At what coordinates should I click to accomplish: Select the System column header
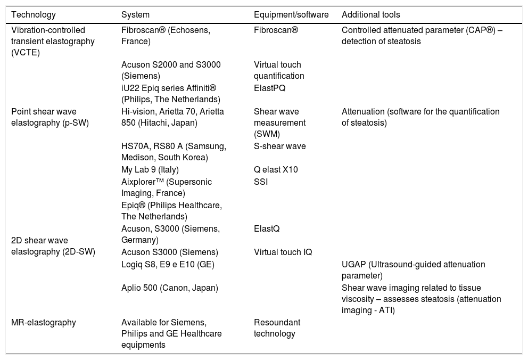point(135,15)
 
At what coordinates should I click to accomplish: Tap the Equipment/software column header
point(291,15)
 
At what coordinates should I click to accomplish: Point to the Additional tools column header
point(370,15)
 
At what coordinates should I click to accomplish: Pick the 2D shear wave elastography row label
point(53,246)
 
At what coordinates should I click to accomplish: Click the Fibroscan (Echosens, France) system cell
point(166,36)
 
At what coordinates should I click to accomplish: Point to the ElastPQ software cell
point(269,88)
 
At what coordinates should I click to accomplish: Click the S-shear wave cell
point(280,146)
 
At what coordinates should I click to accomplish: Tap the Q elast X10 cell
point(276,170)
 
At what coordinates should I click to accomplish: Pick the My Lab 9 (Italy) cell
point(150,170)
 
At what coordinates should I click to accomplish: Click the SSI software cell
point(261,182)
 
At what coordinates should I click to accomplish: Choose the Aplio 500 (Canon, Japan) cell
point(169,288)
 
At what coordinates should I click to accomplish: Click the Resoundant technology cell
point(277,328)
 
